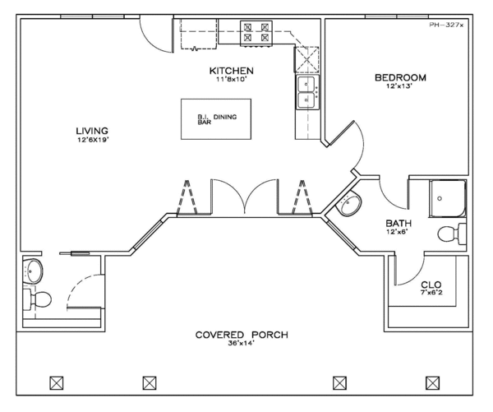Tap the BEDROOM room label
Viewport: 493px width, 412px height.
click(400, 78)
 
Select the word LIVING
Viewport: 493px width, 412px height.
click(92, 130)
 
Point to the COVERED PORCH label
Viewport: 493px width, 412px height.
click(242, 335)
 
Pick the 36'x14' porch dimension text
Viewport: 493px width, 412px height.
click(242, 345)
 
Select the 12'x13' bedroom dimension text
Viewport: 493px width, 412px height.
click(400, 87)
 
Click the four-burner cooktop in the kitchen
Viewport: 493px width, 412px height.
click(255, 32)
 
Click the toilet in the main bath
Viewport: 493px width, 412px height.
click(449, 234)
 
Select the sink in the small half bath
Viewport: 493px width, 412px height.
click(33, 269)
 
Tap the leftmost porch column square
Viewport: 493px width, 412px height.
click(57, 382)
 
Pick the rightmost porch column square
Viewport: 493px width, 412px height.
click(432, 382)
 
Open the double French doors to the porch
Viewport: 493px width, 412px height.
click(244, 197)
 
